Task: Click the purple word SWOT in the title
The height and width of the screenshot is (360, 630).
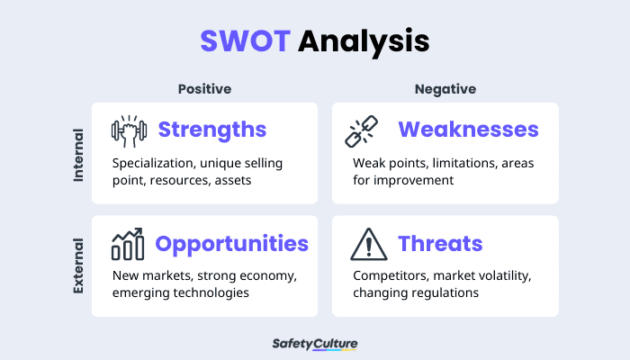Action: click(x=246, y=40)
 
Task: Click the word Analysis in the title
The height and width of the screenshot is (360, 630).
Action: click(x=364, y=41)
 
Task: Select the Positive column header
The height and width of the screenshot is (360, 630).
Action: click(x=204, y=88)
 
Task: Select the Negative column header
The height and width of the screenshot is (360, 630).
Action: click(x=445, y=88)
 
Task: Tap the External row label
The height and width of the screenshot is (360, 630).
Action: click(x=78, y=266)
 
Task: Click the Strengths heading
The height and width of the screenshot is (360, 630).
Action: click(x=212, y=130)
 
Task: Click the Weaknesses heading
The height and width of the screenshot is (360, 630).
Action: click(x=468, y=130)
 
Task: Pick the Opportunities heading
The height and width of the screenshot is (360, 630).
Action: click(x=232, y=243)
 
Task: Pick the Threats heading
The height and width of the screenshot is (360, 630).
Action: click(x=440, y=243)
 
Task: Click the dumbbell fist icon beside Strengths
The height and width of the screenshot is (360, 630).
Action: click(x=128, y=130)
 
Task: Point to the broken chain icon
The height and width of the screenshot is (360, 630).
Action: click(x=364, y=131)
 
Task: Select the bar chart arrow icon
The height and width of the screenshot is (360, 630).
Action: click(x=128, y=243)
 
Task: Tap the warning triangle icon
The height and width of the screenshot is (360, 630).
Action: click(x=367, y=243)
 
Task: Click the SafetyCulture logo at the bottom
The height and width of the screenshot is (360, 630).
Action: click(x=314, y=343)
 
